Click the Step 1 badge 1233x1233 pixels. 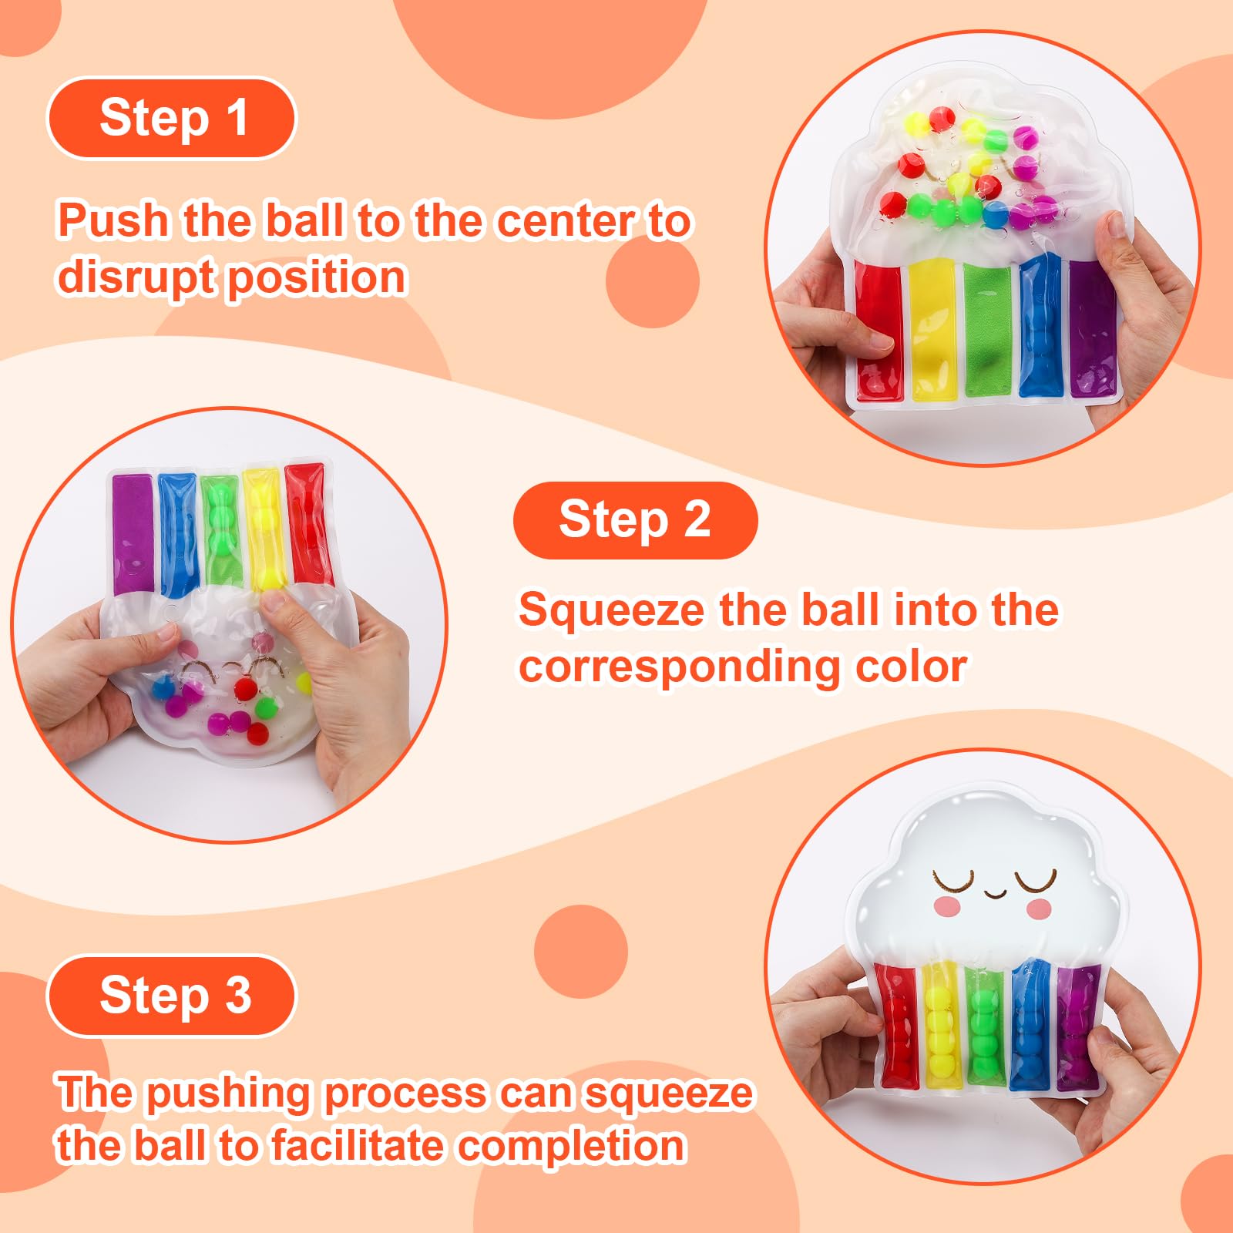(x=172, y=119)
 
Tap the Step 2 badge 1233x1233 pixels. (x=635, y=520)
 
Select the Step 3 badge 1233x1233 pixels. (x=172, y=996)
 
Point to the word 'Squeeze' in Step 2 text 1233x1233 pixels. (x=612, y=611)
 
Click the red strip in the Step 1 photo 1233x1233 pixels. (x=879, y=330)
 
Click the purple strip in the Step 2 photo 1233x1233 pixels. (x=133, y=534)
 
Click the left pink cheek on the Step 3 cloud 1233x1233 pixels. (x=948, y=906)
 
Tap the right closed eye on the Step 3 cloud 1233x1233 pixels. (x=1034, y=879)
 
